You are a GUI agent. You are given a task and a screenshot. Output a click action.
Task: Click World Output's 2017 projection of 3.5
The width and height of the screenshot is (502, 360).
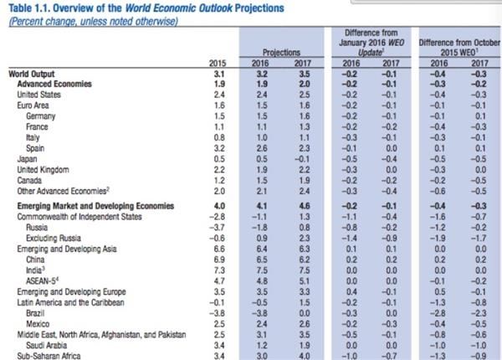coord(305,75)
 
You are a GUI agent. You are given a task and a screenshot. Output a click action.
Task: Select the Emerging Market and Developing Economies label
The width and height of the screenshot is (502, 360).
coord(84,203)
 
